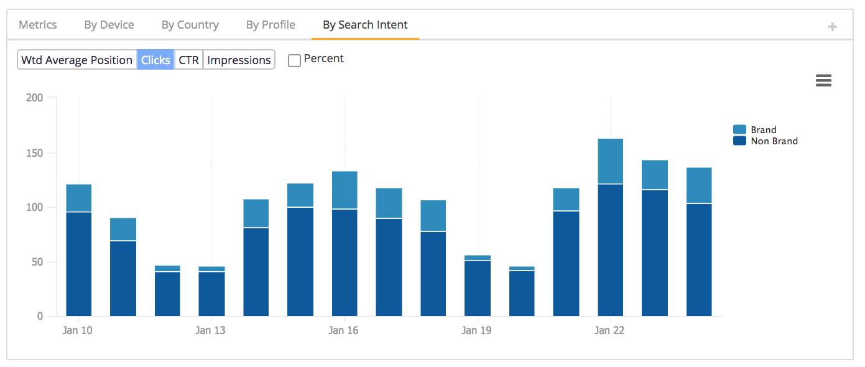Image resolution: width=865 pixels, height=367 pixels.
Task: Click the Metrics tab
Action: (x=38, y=25)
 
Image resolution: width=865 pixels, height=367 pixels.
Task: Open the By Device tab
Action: (x=109, y=25)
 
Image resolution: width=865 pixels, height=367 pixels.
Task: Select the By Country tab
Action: (x=190, y=25)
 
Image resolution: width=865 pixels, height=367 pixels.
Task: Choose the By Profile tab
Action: (x=271, y=25)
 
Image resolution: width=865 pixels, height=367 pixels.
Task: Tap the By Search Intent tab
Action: (x=365, y=25)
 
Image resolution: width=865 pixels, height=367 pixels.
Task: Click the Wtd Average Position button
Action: (x=77, y=60)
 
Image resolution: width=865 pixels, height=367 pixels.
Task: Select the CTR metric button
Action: (x=189, y=60)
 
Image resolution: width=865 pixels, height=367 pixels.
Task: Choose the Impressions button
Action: (x=239, y=60)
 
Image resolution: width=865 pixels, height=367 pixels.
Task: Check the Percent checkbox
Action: (x=295, y=60)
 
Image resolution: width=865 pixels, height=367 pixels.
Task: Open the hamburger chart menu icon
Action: (x=823, y=80)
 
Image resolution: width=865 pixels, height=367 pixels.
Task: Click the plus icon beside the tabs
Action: (x=833, y=27)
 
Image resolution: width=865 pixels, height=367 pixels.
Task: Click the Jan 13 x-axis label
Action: (x=210, y=330)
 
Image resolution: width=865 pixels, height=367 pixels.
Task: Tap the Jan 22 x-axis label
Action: (x=609, y=330)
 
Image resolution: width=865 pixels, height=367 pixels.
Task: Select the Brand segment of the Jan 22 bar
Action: (x=610, y=161)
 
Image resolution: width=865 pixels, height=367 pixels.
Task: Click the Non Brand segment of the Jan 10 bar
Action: (x=78, y=264)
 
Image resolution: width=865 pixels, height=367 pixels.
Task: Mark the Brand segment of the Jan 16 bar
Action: (x=345, y=190)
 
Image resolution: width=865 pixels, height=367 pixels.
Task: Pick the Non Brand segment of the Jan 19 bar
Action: (x=478, y=288)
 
